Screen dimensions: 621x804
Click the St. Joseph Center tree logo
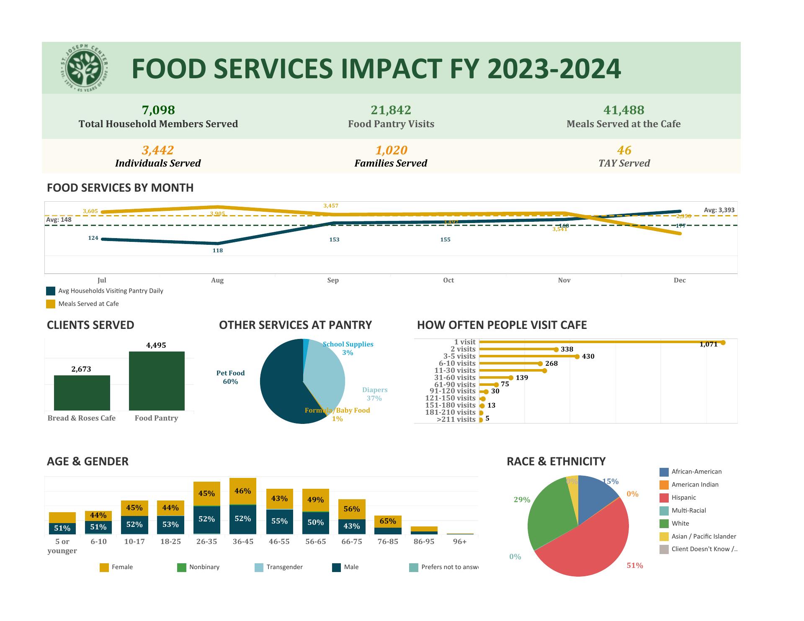coord(85,68)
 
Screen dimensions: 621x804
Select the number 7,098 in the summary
coord(158,110)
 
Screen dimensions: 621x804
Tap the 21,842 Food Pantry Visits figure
coord(391,110)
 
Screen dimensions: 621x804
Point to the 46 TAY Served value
coord(624,150)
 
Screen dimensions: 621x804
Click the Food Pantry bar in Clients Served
coord(157,381)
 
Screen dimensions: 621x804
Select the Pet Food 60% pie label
coord(230,377)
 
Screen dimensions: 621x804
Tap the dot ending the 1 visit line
coord(723,343)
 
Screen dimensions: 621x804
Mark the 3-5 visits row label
coord(459,356)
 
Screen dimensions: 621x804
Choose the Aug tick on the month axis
coord(217,280)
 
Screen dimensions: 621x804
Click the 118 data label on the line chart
coord(218,250)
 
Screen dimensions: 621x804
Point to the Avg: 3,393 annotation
coord(719,210)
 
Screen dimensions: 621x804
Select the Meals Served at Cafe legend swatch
coord(51,304)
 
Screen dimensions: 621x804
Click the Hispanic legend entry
coord(683,498)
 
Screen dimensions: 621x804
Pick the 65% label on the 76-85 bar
coord(388,521)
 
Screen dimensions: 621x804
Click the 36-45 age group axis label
coord(243,541)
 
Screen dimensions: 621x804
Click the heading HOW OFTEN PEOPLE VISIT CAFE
coord(502,325)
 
